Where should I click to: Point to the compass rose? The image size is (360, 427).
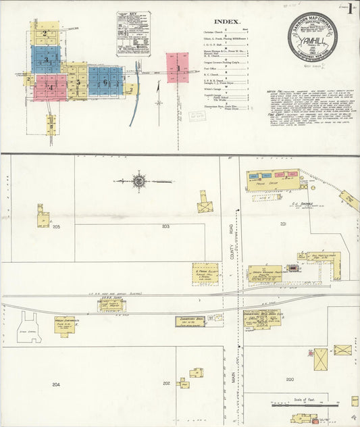point(139,181)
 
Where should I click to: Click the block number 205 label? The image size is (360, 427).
point(57,227)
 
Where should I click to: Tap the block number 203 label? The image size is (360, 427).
point(165,227)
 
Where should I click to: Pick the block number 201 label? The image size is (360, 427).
point(284,223)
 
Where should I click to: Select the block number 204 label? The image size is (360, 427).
point(55,384)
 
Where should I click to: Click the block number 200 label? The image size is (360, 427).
point(289,380)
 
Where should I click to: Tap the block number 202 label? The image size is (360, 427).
point(166,384)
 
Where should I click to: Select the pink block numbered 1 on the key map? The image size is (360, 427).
point(178,68)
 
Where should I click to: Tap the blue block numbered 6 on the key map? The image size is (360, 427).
point(105,80)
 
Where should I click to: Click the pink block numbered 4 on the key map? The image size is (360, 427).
point(50,86)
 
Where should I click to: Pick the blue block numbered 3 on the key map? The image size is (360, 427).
point(46,59)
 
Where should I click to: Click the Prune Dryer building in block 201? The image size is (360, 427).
point(272,178)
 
